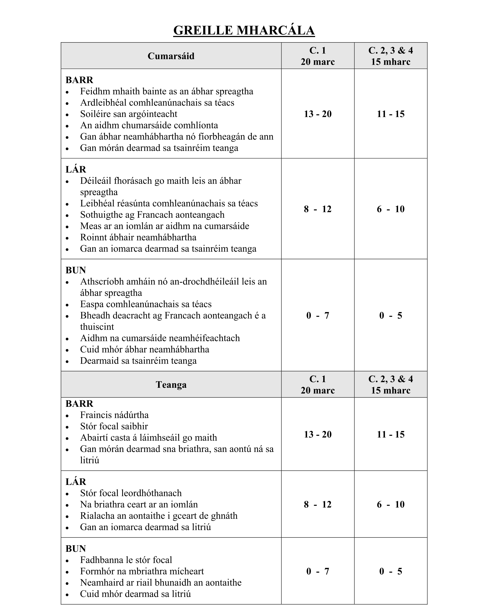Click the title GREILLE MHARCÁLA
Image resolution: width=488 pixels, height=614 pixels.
(x=244, y=30)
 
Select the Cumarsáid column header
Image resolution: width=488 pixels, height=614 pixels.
(x=171, y=56)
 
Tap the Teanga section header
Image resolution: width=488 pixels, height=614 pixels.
(x=171, y=385)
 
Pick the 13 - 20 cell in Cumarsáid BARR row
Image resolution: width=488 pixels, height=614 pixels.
(x=318, y=114)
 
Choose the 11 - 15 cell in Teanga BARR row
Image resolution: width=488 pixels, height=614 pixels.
(x=391, y=434)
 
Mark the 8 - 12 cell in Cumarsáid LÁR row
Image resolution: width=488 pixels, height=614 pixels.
(x=318, y=209)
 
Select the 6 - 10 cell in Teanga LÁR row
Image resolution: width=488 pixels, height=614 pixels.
(x=391, y=504)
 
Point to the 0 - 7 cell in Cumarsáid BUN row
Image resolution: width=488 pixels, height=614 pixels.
(x=318, y=316)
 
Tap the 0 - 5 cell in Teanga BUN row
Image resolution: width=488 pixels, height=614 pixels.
(x=391, y=571)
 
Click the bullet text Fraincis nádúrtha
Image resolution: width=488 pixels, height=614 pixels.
(x=114, y=415)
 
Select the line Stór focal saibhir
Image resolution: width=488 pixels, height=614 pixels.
(x=114, y=426)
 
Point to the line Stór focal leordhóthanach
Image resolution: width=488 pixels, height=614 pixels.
(x=131, y=493)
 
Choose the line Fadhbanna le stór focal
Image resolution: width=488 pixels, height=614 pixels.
(x=126, y=560)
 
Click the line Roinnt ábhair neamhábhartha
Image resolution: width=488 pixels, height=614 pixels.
(x=138, y=237)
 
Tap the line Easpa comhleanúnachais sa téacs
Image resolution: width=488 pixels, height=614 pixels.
(x=146, y=304)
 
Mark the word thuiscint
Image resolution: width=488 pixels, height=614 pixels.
(x=97, y=327)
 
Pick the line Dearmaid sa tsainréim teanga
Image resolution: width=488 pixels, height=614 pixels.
(x=138, y=361)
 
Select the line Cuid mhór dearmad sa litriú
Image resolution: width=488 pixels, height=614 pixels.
(x=135, y=594)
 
